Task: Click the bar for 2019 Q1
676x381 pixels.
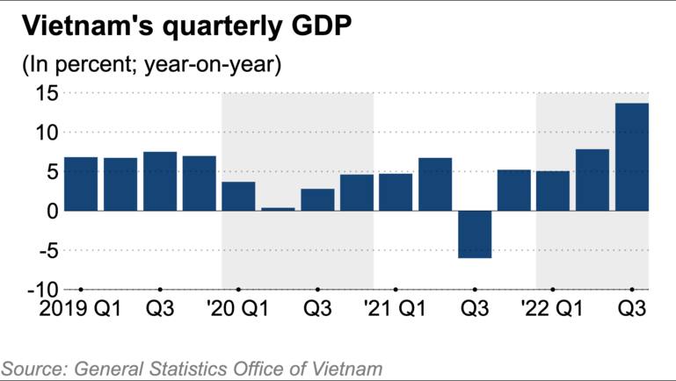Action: tap(81, 184)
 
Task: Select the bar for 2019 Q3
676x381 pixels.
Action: tap(160, 182)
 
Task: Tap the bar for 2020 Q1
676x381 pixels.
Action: tap(238, 196)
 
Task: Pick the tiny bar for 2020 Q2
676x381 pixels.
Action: tap(278, 209)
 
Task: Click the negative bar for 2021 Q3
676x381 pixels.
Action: tap(475, 234)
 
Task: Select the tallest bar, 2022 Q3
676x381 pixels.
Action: tap(632, 157)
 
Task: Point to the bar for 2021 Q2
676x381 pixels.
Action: tap(435, 184)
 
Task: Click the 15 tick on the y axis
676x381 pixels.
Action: tap(47, 93)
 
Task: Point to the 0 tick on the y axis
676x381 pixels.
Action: tap(53, 211)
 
